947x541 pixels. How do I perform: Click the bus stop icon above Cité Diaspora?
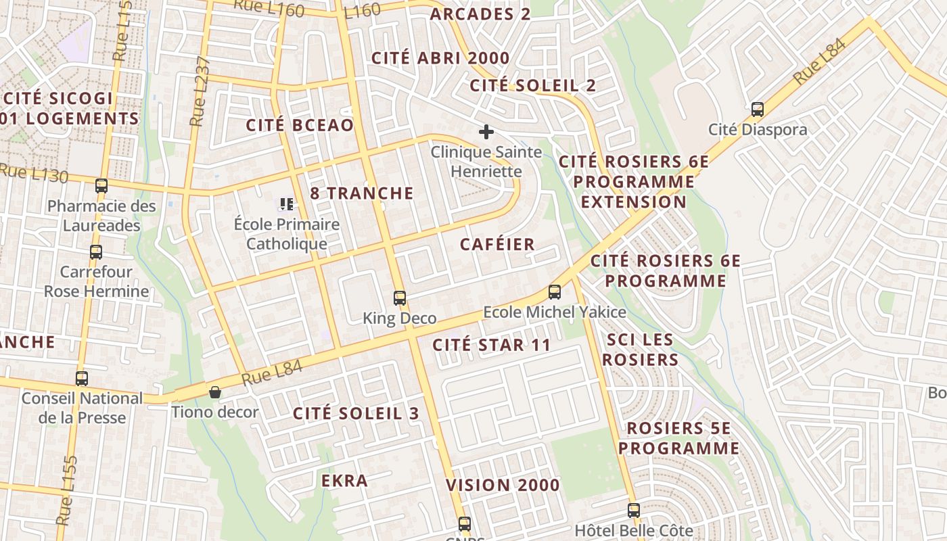point(758,109)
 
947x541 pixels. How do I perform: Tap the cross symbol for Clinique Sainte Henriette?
point(486,131)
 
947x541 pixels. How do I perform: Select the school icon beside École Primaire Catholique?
point(286,203)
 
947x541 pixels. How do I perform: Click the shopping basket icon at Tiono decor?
point(214,392)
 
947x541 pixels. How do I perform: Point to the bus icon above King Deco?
point(400,298)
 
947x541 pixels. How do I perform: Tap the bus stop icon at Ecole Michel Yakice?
point(555,292)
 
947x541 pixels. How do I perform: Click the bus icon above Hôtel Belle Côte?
point(634,510)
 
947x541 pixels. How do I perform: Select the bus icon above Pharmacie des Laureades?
point(101,185)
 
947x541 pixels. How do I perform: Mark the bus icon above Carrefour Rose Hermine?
point(96,252)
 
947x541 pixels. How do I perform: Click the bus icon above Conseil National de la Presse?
point(82,378)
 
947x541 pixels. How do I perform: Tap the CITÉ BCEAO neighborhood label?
point(300,125)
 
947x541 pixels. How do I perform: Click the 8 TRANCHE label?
point(362,193)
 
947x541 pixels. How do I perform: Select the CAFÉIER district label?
point(497,244)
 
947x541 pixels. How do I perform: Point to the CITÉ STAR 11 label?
point(492,345)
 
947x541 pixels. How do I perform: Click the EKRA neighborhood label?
point(345,481)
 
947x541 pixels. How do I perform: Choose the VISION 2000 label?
point(503,485)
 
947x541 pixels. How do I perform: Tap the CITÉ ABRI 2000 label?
point(440,58)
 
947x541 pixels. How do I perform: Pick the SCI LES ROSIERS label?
point(640,350)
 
